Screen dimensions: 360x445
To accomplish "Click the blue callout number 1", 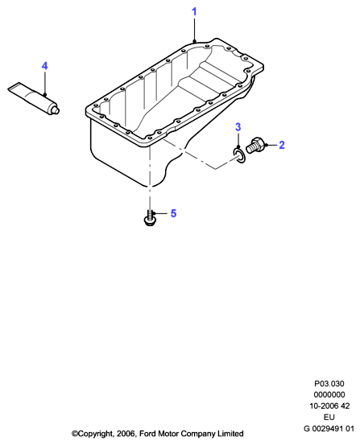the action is pyautogui.click(x=194, y=12).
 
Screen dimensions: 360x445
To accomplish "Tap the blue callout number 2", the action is pyautogui.click(x=281, y=145).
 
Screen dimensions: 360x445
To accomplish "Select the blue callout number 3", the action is pyautogui.click(x=238, y=127).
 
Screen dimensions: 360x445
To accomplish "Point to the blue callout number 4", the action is pyautogui.click(x=44, y=66).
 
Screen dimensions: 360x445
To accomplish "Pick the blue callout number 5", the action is pyautogui.click(x=173, y=213).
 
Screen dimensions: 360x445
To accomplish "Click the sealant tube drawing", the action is pyautogui.click(x=34, y=98).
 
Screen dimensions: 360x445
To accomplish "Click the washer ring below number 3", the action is pyautogui.click(x=239, y=156).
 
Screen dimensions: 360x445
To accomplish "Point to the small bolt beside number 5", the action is pyautogui.click(x=150, y=218).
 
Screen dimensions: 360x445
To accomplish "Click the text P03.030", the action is pyautogui.click(x=329, y=384).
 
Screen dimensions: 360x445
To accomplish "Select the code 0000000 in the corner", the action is pyautogui.click(x=329, y=395).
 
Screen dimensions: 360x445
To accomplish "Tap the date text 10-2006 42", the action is pyautogui.click(x=329, y=406).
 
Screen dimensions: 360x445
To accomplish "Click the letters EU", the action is pyautogui.click(x=329, y=417).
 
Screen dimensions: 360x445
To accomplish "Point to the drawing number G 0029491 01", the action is pyautogui.click(x=329, y=428).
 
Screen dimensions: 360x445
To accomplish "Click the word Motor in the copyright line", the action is pyautogui.click(x=168, y=434).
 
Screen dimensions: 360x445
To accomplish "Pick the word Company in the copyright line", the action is pyautogui.click(x=198, y=435).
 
